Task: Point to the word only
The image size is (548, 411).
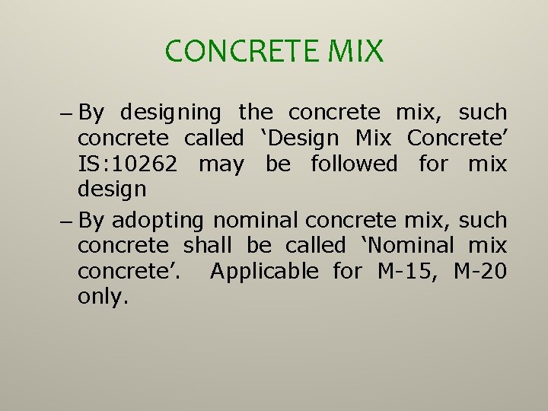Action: coord(103,297)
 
